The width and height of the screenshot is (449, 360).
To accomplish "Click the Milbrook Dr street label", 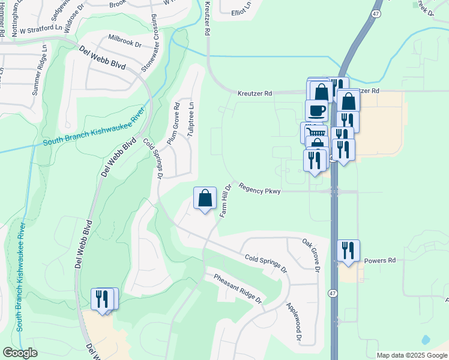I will (124, 41).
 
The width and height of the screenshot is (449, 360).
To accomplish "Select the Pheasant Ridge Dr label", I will (238, 288).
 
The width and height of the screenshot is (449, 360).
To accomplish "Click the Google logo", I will (20, 352).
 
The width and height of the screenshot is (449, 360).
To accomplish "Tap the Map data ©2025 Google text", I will (411, 355).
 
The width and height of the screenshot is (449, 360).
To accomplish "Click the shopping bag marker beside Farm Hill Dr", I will (205, 197).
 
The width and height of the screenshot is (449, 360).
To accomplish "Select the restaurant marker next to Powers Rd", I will (348, 250).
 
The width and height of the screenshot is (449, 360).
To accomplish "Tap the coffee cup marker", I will (316, 110).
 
